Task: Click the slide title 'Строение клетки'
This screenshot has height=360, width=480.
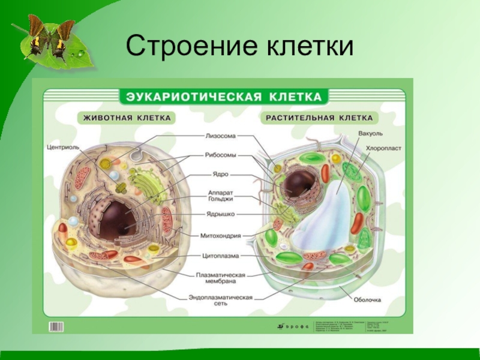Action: tap(239, 46)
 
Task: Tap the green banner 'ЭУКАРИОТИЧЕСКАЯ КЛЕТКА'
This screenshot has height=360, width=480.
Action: tap(223, 97)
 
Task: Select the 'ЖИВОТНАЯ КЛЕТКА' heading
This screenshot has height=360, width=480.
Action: tap(127, 118)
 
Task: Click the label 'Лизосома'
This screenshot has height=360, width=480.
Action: tap(220, 136)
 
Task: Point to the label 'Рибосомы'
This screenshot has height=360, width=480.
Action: tap(220, 155)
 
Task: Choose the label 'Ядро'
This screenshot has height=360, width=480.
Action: tap(221, 175)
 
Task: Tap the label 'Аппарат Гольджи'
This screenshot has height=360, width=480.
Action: tap(220, 195)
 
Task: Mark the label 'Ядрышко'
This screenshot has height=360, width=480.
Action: tap(220, 214)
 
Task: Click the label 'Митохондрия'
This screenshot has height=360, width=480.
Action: tap(220, 235)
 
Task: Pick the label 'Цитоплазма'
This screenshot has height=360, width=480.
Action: tap(220, 256)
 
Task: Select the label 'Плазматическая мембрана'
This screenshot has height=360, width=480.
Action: tap(220, 278)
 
